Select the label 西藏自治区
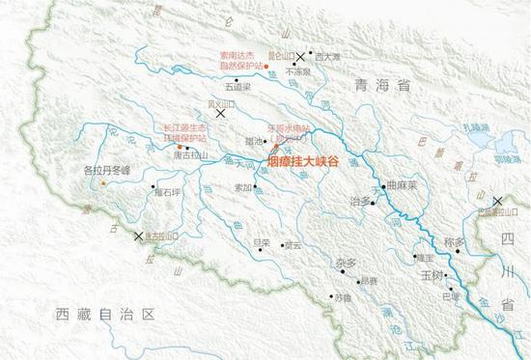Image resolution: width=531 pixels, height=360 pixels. (x=105, y=314)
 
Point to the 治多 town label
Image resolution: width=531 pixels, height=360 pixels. (x=359, y=200)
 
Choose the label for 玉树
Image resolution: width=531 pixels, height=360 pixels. (x=430, y=275)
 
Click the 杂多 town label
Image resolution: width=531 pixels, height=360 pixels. (x=347, y=263)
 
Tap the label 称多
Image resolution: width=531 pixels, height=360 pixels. (x=455, y=241)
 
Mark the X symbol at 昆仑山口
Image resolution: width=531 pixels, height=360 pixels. (x=301, y=57)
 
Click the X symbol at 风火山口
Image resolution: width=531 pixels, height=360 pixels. (x=222, y=113)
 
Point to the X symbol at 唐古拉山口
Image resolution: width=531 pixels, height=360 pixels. (x=138, y=235)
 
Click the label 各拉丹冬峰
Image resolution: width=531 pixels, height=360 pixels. (x=107, y=171)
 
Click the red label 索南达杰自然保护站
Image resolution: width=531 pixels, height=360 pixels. (x=238, y=59)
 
